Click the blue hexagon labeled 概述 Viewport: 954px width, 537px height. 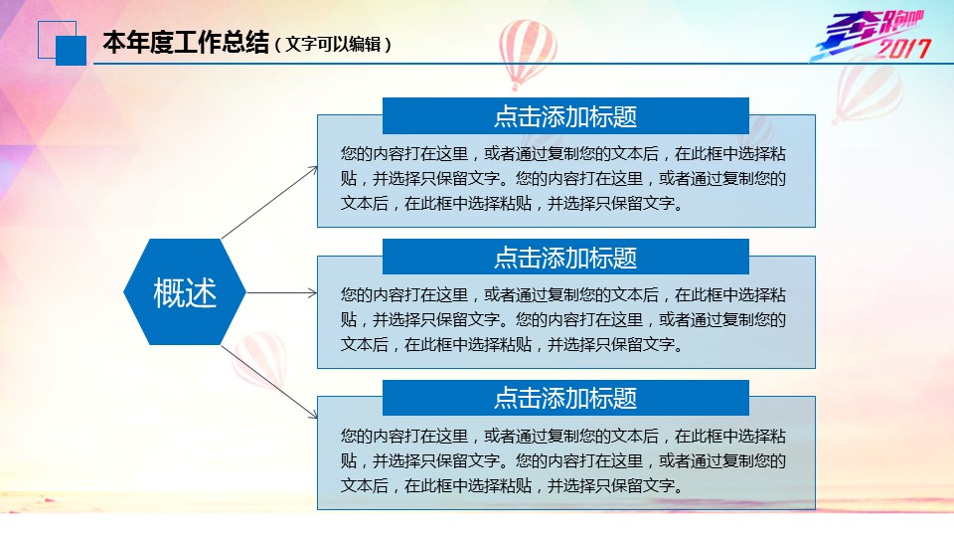185,292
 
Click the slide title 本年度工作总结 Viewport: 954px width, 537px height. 186,43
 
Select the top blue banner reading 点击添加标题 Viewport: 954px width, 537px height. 565,115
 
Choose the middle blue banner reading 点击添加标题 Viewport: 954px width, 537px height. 565,257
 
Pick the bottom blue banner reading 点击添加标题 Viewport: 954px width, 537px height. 565,398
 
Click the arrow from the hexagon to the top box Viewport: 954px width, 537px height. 269,202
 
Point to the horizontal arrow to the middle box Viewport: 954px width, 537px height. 281,292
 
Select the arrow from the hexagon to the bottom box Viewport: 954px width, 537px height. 269,382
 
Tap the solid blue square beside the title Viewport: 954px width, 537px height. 72,51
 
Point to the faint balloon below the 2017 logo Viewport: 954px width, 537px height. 869,91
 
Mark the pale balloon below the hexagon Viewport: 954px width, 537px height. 259,360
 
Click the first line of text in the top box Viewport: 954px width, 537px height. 563,153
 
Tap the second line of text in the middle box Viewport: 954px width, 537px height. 563,319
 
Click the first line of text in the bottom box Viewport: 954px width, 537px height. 563,436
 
